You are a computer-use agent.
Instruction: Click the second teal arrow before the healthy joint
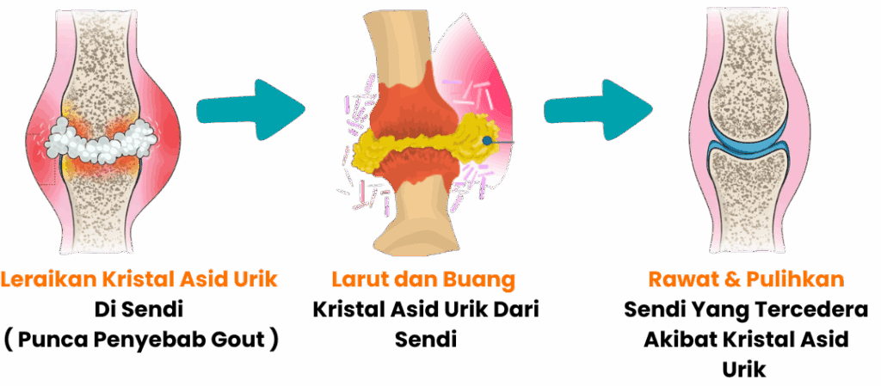(x=599, y=110)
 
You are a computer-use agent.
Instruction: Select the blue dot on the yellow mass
(x=488, y=139)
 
